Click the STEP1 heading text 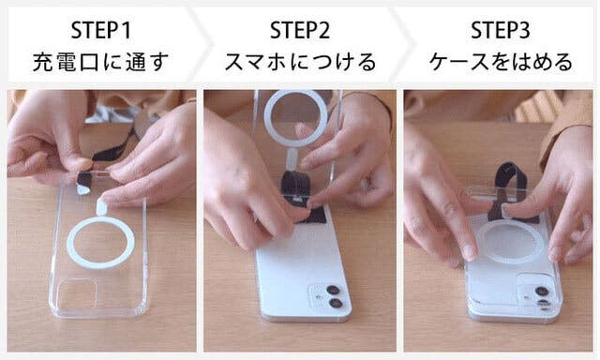pos(101,30)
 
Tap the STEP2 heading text pos(300,30)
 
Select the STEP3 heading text pos(500,30)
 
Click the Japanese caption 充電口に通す pos(100,62)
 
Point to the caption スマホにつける pos(300,62)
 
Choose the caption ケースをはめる pos(501,62)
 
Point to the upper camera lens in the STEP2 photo pos(333,290)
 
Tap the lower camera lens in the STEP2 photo pos(336,304)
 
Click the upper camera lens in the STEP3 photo pos(542,292)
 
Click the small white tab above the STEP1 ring pos(102,206)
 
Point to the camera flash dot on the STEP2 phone pos(317,296)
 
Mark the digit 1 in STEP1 pos(127,30)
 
